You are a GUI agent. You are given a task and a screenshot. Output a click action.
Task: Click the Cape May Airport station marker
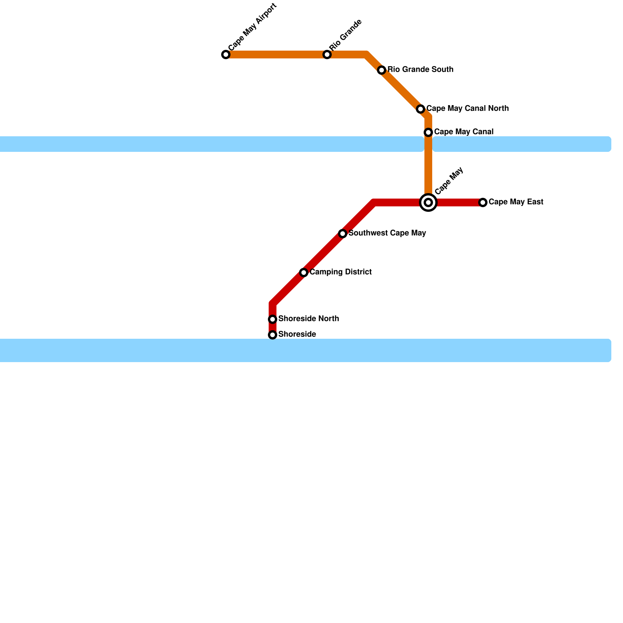coord(226,55)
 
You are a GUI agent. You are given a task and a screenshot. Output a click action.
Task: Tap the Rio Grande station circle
coord(327,55)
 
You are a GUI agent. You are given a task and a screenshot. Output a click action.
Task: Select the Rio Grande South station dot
coord(382,70)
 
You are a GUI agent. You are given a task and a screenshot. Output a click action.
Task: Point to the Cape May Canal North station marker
coord(421,109)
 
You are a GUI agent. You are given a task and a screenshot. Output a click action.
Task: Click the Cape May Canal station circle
coord(428,132)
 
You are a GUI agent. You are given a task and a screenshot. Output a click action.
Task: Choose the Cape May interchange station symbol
coord(428,202)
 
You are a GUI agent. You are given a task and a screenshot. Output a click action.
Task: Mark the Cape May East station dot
coord(483,202)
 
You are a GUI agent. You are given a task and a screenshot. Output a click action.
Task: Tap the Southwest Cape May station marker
coord(343,234)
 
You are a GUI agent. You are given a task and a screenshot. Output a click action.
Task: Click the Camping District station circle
coord(304,273)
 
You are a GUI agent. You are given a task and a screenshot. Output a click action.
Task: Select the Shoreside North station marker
coord(273,319)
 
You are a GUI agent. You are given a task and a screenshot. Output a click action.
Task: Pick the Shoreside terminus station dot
coord(273,335)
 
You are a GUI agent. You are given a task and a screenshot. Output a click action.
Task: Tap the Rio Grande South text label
coord(420,70)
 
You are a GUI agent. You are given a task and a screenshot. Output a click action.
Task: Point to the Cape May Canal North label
coord(467,109)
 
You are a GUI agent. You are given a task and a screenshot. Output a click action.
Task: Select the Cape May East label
coord(516,202)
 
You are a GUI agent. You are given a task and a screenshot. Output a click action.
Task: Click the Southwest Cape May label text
coord(387,233)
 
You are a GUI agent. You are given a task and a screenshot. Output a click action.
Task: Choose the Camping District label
coord(341,272)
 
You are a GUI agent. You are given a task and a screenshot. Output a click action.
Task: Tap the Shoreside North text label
coord(308,319)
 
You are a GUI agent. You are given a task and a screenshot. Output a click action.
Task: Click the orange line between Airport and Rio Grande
coord(276,55)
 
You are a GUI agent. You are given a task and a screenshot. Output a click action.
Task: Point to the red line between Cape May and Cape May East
coord(458,202)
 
